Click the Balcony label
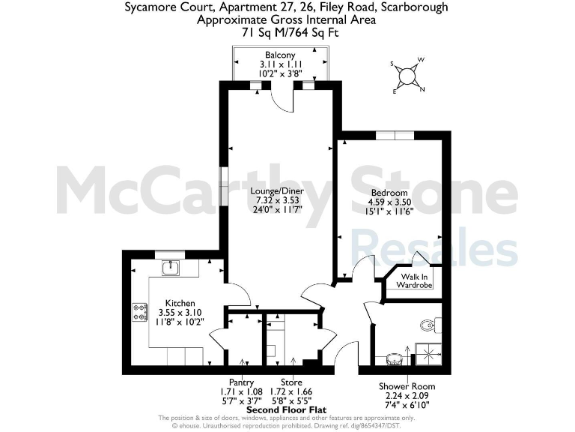[x=280, y=55]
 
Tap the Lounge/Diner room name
[x=277, y=191]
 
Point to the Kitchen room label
[x=180, y=303]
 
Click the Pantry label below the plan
[x=241, y=382]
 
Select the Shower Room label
[x=407, y=386]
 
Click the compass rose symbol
[x=407, y=75]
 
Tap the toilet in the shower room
[x=428, y=325]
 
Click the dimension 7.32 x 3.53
[x=277, y=200]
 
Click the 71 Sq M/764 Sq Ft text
[x=286, y=32]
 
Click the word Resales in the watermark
[x=433, y=248]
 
